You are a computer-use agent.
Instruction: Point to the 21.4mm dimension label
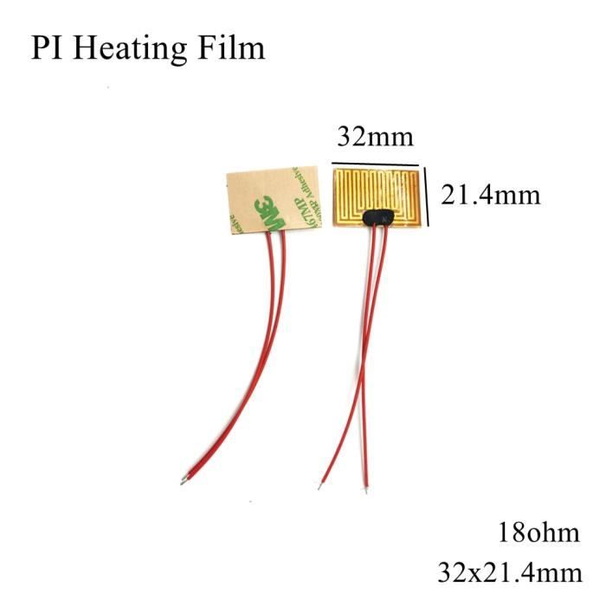pos(490,194)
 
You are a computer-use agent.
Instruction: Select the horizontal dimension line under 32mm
pos(375,162)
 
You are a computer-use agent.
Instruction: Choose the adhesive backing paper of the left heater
pos(247,186)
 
